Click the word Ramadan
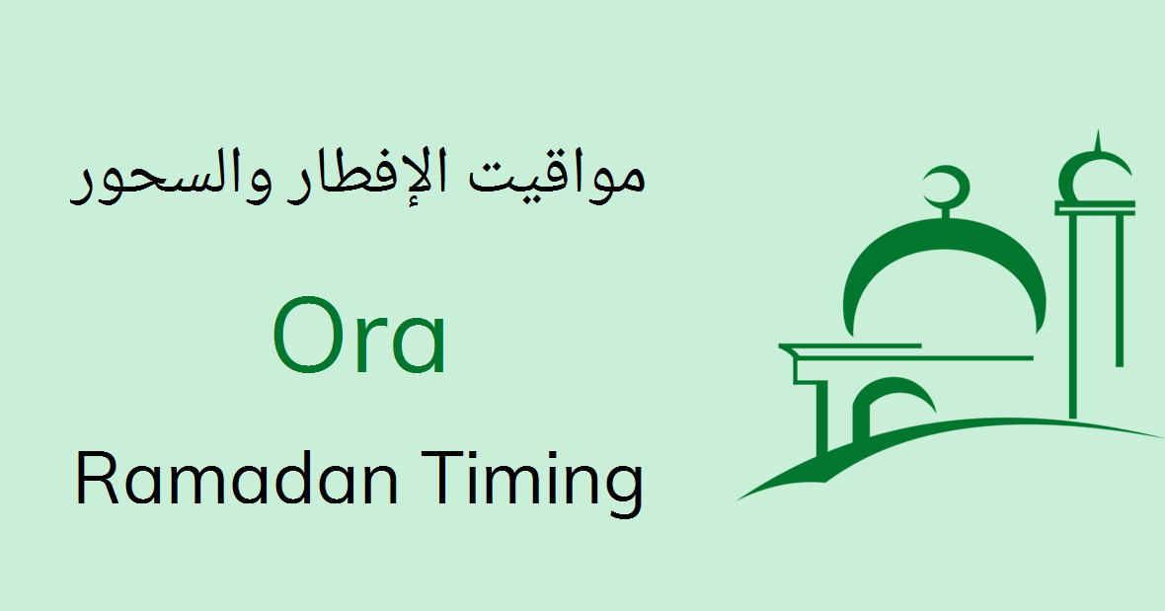236,481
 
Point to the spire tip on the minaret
1096,138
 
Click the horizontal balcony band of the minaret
1095,207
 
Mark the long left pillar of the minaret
1073,316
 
